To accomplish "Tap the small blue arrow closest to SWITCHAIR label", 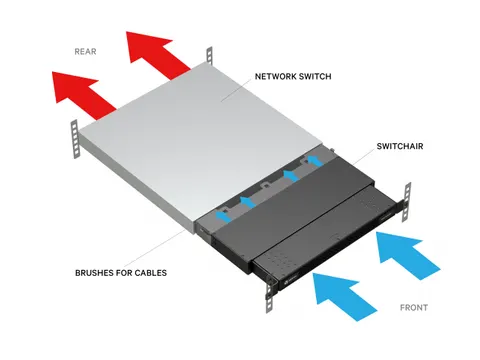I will click(x=315, y=159).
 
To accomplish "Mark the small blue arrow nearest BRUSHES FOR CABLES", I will click(x=224, y=211).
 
